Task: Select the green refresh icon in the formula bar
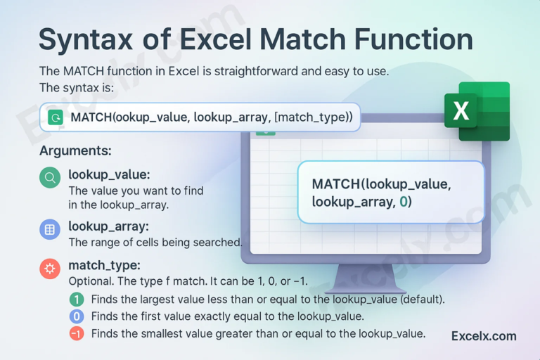(54, 117)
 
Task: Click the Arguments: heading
(75, 151)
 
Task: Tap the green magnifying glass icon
(50, 178)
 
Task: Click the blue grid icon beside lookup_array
(50, 229)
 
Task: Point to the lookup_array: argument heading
(108, 226)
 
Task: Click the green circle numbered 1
(77, 299)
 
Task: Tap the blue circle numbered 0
(77, 316)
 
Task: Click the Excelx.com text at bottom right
(484, 336)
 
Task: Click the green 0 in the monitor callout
(404, 202)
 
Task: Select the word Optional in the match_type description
(90, 281)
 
